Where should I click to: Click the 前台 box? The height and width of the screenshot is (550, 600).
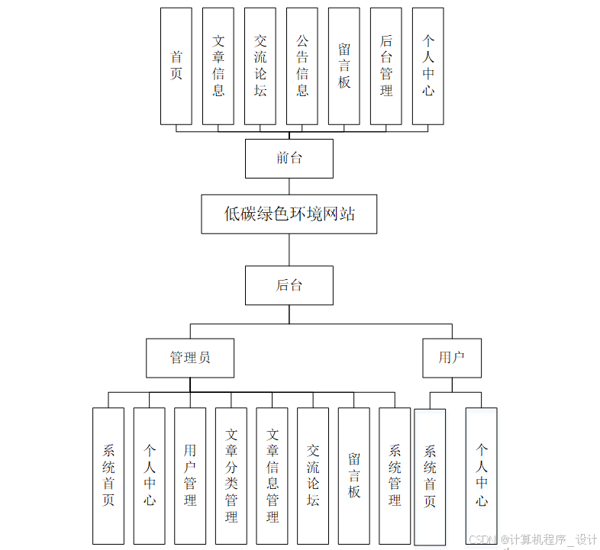click(x=289, y=159)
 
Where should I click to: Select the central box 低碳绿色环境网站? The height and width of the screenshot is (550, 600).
click(x=289, y=214)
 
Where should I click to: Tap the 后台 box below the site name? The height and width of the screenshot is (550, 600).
click(x=289, y=285)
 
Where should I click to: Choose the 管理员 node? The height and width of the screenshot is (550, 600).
click(x=190, y=358)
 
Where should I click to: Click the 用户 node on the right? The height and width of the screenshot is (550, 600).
click(x=451, y=358)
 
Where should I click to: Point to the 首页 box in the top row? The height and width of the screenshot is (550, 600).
click(x=176, y=66)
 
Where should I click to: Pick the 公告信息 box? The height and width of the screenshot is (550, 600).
click(x=302, y=66)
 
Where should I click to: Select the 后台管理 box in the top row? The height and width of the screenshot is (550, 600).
click(x=386, y=66)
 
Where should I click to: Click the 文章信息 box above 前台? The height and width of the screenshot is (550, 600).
click(x=218, y=66)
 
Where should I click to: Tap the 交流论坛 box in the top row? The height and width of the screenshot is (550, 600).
click(x=260, y=66)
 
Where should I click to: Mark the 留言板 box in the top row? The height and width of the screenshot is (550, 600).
click(x=344, y=66)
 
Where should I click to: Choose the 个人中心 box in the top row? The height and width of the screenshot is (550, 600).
click(x=428, y=66)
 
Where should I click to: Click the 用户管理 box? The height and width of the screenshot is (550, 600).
click(x=190, y=475)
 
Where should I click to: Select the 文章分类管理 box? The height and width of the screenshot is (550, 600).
click(x=231, y=475)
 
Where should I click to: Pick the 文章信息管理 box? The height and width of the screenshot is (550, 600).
click(x=273, y=475)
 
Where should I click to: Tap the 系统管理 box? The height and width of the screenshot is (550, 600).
click(x=395, y=475)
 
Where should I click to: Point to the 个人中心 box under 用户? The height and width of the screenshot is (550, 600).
click(x=482, y=475)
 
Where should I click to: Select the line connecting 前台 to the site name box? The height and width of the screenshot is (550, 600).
click(x=289, y=186)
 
